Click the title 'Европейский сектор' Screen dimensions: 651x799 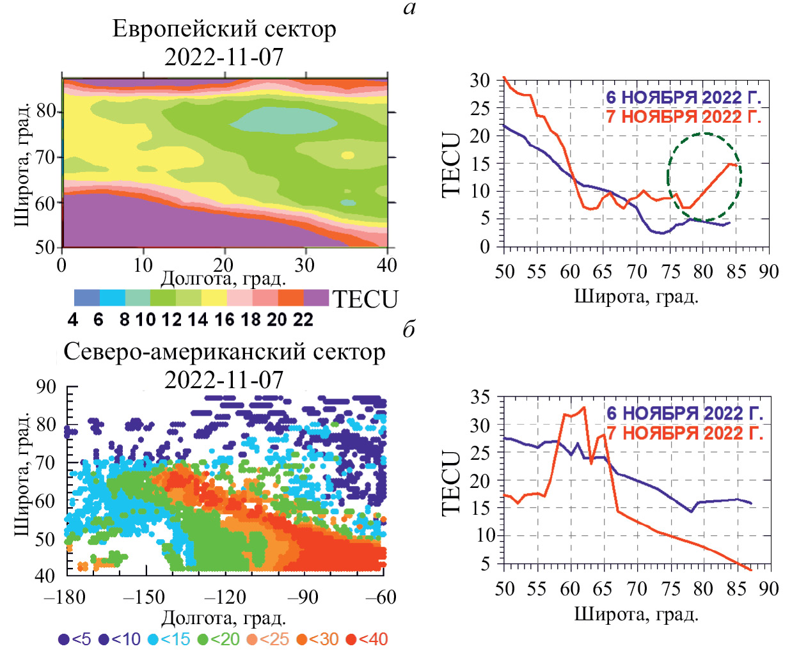[x=224, y=29]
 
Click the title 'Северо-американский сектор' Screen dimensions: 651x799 [x=224, y=352]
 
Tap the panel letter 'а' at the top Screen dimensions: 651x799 [x=410, y=8]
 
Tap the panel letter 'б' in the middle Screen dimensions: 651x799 [x=409, y=329]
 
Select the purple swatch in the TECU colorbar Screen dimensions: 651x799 [x=316, y=298]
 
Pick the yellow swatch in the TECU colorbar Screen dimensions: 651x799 [x=214, y=298]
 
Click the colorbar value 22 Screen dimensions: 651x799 [x=303, y=320]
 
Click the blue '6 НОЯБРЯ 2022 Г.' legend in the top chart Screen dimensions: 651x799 [x=683, y=97]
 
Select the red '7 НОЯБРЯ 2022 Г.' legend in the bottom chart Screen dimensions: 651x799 [x=684, y=433]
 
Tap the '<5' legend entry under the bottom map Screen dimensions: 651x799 [x=75, y=639]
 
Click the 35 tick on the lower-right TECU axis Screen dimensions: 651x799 [x=480, y=397]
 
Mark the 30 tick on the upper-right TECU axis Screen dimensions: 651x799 [x=480, y=81]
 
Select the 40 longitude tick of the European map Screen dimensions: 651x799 [x=387, y=265]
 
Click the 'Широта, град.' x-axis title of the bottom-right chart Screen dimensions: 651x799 [x=636, y=614]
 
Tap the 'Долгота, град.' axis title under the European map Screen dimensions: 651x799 [x=223, y=279]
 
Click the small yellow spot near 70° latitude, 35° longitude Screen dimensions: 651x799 [x=347, y=155]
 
